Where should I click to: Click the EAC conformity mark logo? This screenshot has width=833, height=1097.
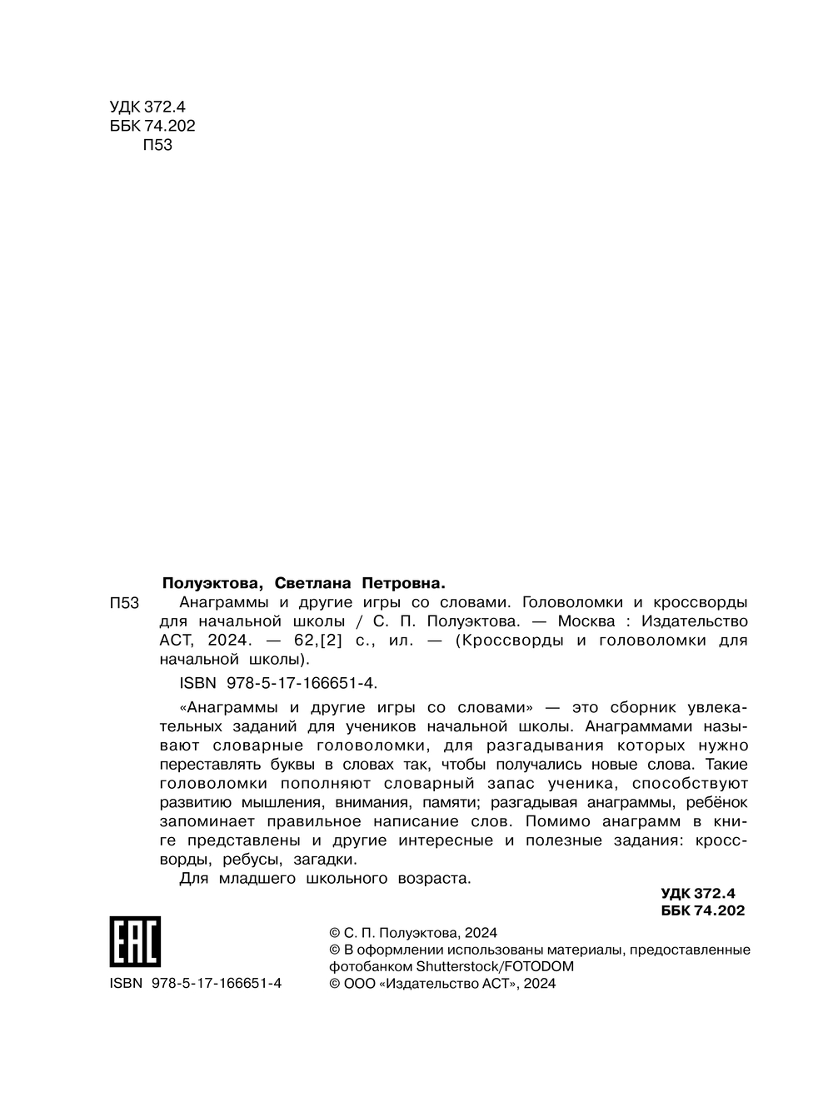[x=134, y=942]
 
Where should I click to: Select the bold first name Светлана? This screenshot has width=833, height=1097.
[x=309, y=582]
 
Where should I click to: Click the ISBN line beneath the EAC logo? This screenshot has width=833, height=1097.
[x=195, y=983]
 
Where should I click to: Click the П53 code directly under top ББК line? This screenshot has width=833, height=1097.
[x=157, y=145]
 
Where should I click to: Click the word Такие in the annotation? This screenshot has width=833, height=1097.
[x=726, y=764]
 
